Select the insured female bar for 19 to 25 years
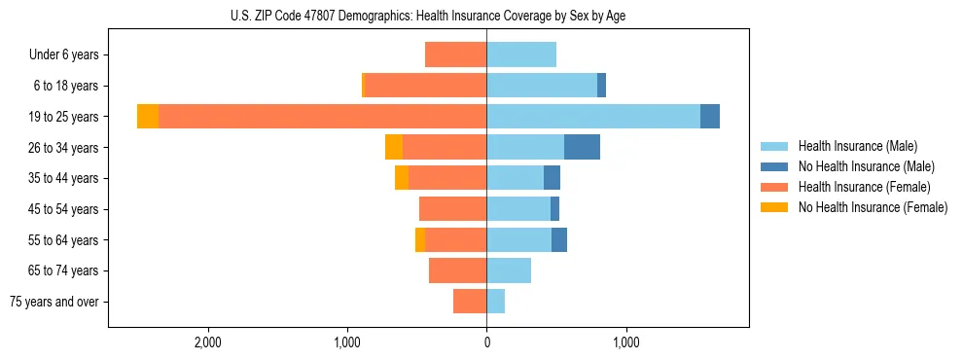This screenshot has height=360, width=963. click(322, 117)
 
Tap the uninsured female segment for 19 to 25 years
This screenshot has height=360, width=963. click(148, 117)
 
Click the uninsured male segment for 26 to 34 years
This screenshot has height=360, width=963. click(582, 147)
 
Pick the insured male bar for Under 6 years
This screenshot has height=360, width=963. click(521, 54)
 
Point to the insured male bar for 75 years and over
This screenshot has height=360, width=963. click(496, 302)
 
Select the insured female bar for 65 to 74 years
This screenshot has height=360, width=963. click(457, 270)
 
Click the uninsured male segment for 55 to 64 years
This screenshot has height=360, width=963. click(559, 239)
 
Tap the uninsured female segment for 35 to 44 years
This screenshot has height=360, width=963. click(402, 178)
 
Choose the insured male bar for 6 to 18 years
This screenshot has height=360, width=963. click(542, 86)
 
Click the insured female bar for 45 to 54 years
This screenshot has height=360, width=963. click(452, 209)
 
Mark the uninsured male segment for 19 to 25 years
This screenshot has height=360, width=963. click(710, 117)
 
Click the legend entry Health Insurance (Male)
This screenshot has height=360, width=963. click(857, 146)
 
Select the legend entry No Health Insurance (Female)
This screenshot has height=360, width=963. click(873, 207)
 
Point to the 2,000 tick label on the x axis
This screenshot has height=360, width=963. click(208, 342)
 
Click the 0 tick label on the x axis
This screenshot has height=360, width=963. click(486, 342)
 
